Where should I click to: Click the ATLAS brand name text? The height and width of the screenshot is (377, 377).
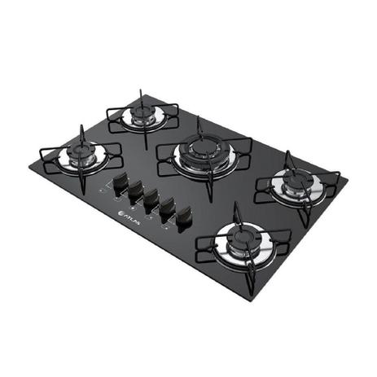click(x=132, y=219)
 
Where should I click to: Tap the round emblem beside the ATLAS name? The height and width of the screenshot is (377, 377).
click(x=121, y=214)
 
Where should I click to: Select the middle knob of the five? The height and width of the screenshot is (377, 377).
click(x=151, y=200)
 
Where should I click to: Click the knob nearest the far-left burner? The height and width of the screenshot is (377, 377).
click(x=121, y=183)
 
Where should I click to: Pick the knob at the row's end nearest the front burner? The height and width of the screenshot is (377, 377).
click(x=183, y=218)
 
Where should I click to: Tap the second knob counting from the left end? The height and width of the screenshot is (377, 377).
click(x=135, y=192)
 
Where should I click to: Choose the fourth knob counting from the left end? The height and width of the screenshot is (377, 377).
click(x=167, y=209)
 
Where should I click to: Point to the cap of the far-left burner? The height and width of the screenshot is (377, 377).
click(x=81, y=151)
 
